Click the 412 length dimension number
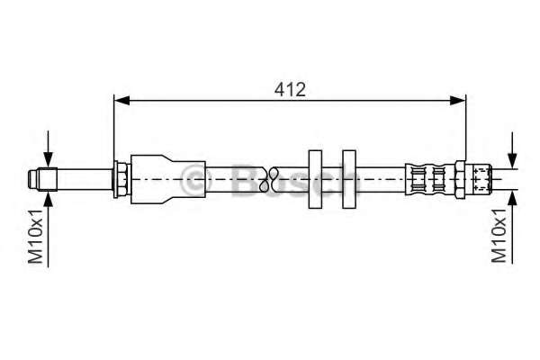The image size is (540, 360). [x=289, y=89]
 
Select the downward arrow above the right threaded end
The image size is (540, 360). [x=513, y=156]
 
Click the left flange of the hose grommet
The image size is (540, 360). [x=315, y=179]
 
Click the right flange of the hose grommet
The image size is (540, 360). [x=347, y=179]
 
